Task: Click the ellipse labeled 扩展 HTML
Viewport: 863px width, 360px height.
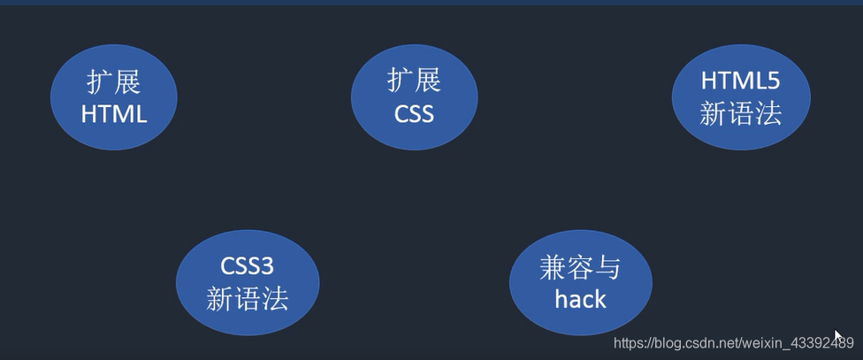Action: tap(113, 96)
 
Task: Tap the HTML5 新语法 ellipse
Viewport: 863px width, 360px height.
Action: tap(740, 96)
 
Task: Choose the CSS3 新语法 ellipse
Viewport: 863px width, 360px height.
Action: tap(247, 283)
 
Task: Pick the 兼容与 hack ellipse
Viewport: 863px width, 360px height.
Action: tap(580, 283)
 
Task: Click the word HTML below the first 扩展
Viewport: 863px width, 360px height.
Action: tap(113, 113)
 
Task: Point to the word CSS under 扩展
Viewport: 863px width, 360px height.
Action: tap(414, 113)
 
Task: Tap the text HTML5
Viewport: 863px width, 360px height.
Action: tap(740, 80)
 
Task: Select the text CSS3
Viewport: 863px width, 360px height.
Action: tap(247, 267)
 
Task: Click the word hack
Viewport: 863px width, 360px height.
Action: tap(580, 299)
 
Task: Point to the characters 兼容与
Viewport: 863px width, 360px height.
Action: tap(580, 268)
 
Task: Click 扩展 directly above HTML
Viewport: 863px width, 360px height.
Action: tap(113, 81)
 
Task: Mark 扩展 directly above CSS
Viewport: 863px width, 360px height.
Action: tap(414, 80)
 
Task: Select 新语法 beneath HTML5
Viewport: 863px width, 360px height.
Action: tap(740, 113)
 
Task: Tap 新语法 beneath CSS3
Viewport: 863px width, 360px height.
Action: tap(247, 299)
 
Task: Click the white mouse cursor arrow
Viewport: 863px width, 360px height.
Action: tap(838, 336)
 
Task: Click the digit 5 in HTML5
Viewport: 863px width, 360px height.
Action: tap(773, 80)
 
